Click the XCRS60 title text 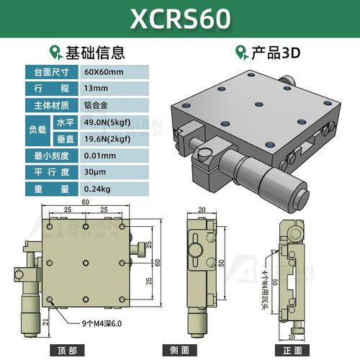coord(180,19)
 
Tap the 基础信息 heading coord(96,53)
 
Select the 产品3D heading coord(274,53)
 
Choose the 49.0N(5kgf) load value coord(109,123)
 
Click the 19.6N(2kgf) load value coord(109,140)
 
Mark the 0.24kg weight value coord(97,190)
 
